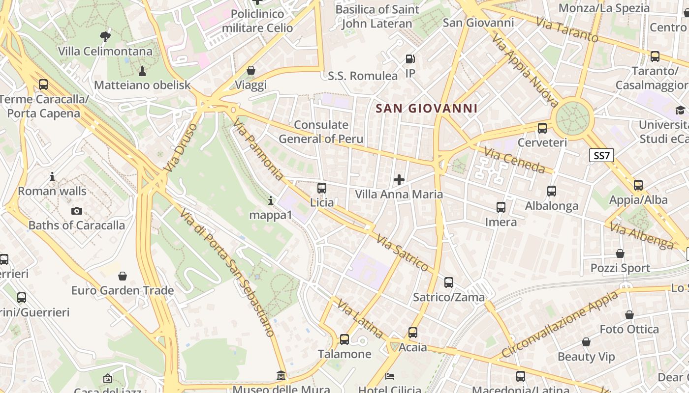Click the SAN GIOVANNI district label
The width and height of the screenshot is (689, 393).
pos(426,109)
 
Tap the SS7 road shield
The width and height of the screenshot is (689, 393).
pos(601,156)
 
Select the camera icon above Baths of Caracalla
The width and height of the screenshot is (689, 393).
pos(77,211)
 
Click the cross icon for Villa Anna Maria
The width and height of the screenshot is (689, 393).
pos(399,180)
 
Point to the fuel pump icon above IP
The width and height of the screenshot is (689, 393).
pos(410,59)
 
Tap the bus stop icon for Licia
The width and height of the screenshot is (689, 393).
pos(322,188)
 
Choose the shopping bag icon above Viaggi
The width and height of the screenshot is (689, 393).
pos(251,70)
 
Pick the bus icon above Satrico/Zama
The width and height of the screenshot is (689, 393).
pos(449,282)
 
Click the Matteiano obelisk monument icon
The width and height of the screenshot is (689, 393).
pos(142,71)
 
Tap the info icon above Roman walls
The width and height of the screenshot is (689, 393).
pos(52,176)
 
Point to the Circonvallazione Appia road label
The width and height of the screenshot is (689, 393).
pos(560,325)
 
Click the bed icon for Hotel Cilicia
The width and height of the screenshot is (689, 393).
pos(390,376)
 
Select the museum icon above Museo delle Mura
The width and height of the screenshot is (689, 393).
pos(281,376)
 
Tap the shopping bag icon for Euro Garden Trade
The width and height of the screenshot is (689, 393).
pos(123,276)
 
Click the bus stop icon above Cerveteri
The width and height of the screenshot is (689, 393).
pos(542,128)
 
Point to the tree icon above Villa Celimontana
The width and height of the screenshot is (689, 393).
pos(105,36)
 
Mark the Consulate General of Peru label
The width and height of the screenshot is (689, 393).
pos(321,132)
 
